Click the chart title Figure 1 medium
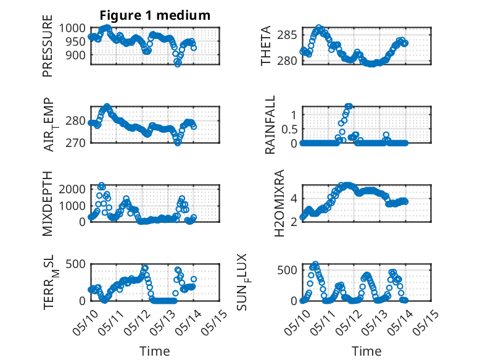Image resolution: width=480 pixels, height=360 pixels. (155, 15)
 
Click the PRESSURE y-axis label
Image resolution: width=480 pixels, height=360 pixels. (48, 46)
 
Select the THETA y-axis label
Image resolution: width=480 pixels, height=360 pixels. (266, 46)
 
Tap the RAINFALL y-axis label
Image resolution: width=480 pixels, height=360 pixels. (270, 125)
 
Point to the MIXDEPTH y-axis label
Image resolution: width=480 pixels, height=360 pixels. (48, 204)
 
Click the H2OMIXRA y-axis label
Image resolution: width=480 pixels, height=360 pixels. (279, 203)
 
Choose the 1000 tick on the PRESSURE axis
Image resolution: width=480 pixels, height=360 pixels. (72, 28)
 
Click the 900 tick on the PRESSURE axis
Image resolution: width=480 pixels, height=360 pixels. (76, 55)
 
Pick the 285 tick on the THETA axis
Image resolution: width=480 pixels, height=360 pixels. (287, 35)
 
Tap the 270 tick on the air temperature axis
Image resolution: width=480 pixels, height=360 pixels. (75, 143)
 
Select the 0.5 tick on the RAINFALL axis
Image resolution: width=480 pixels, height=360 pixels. (289, 129)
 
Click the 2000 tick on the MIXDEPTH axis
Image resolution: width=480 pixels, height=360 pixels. (72, 189)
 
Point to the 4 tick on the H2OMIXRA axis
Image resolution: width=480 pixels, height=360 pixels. (294, 198)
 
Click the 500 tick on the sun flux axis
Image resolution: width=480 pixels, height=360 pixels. (287, 270)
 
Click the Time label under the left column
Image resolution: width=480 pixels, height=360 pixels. (155, 351)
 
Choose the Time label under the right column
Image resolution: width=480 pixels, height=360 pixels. (366, 351)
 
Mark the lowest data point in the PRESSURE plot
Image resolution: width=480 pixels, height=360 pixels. (178, 64)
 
